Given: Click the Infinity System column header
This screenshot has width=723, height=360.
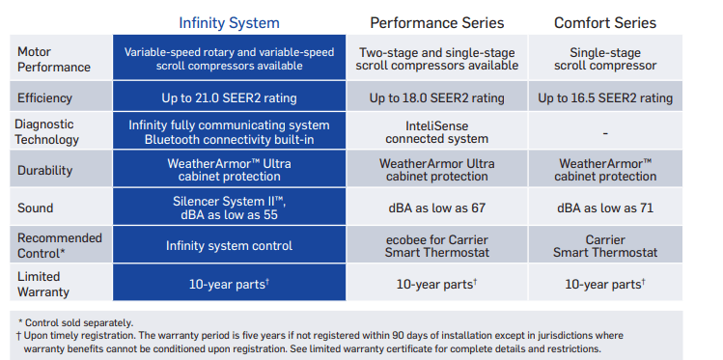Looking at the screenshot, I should click(230, 22).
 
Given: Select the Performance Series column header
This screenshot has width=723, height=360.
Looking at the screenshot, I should click(436, 22).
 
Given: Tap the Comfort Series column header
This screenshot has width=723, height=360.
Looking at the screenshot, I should click(604, 22).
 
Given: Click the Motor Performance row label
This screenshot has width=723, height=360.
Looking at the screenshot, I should click(55, 59).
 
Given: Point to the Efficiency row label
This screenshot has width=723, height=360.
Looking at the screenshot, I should click(46, 97).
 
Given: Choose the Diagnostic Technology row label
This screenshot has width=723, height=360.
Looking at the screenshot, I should click(48, 132).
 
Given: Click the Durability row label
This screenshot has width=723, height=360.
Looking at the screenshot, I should click(46, 170).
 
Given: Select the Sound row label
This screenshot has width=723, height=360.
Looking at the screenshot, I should click(37, 208).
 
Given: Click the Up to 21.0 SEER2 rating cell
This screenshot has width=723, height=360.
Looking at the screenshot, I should click(229, 97).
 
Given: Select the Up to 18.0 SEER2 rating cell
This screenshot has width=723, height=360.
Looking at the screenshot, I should click(436, 97).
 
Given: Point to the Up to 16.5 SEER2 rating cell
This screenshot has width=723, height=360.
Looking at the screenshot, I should click(604, 97).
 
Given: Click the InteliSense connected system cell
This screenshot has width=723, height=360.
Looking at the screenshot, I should click(436, 132).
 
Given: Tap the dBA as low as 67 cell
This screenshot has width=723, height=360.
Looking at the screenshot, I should click(436, 208).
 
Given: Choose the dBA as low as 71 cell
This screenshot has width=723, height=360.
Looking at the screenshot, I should click(604, 208).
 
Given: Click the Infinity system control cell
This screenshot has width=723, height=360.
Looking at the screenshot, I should click(229, 245).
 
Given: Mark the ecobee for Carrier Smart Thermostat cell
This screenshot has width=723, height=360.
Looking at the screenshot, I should click(436, 245).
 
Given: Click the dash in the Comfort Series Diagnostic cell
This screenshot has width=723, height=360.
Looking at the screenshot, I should click(604, 133).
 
